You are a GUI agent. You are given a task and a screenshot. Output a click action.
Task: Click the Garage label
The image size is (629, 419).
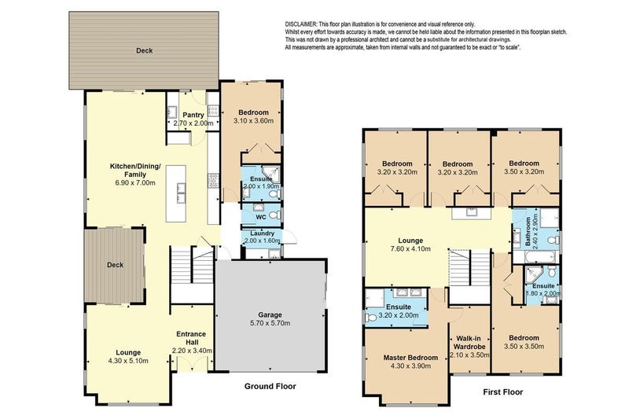270,314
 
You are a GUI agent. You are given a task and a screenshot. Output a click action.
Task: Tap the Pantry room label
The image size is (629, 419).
193,115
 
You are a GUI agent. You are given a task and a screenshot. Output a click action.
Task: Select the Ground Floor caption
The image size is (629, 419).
270,386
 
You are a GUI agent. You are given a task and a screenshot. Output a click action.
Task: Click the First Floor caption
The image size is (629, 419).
502,392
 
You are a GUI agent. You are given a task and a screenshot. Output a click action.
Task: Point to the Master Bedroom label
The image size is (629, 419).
410,358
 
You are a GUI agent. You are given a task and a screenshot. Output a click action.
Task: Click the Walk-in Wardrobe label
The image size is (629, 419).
469,343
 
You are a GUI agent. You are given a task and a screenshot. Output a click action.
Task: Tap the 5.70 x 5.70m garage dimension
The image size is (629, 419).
270,323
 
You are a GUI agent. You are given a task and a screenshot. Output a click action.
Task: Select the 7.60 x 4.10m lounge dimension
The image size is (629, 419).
410,248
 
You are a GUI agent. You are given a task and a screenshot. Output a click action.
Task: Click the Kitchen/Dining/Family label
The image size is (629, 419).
135,171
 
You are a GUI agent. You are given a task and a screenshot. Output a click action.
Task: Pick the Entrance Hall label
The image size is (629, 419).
191,338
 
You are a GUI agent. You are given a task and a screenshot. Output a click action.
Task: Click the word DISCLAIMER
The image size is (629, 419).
301,24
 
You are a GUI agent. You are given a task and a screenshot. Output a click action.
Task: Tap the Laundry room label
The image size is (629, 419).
263,233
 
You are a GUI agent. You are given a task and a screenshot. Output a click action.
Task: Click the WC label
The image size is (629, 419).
261,217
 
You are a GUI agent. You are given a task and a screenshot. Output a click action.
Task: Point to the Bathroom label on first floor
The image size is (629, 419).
528,232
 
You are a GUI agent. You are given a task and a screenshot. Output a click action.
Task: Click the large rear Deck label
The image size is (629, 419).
145,50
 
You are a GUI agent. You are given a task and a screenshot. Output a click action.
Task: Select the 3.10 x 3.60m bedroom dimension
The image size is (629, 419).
253,120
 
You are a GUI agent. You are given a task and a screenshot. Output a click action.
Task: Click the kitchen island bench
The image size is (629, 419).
176,193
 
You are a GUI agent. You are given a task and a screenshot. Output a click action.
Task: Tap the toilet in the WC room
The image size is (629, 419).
274,215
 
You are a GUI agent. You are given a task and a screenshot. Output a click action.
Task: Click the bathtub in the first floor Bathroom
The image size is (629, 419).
535,257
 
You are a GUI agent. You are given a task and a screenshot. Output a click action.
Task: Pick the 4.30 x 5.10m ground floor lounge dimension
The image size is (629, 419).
128,361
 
